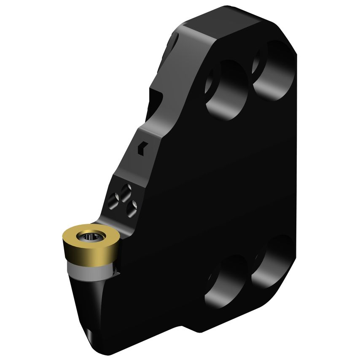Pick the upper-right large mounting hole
click(x=274, y=70)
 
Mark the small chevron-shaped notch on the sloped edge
click(x=142, y=147)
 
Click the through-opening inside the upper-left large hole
click(x=211, y=80)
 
